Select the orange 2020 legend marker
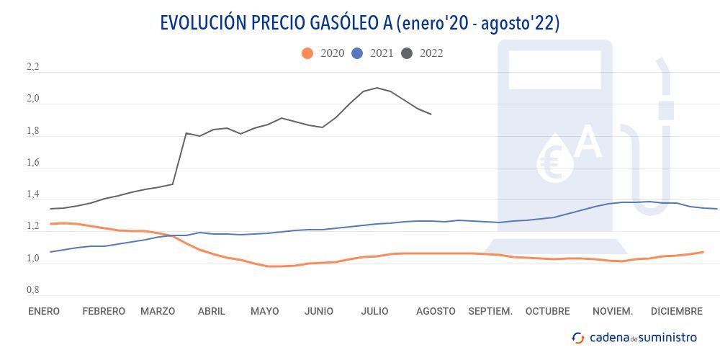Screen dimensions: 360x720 click(x=308, y=53)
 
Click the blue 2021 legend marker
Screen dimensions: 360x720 click(x=358, y=53)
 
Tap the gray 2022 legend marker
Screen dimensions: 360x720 click(x=408, y=53)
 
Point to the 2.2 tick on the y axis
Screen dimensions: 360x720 click(x=33, y=68)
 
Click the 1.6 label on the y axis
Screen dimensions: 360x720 click(x=33, y=163)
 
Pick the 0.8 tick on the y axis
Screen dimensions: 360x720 click(x=33, y=290)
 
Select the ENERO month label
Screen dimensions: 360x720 click(x=44, y=312)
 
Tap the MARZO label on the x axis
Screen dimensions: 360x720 click(x=158, y=312)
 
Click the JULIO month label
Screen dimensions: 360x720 click(x=374, y=312)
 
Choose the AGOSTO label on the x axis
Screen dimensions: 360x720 click(x=436, y=312)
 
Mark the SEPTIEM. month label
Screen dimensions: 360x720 click(x=490, y=312)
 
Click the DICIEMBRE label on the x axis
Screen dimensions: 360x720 click(x=676, y=312)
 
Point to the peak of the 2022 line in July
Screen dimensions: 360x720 click(x=377, y=88)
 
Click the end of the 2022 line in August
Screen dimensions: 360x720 click(x=431, y=114)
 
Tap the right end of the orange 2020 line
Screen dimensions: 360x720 click(x=703, y=251)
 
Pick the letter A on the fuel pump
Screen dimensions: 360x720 click(x=588, y=142)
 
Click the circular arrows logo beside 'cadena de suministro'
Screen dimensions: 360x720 click(x=578, y=338)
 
